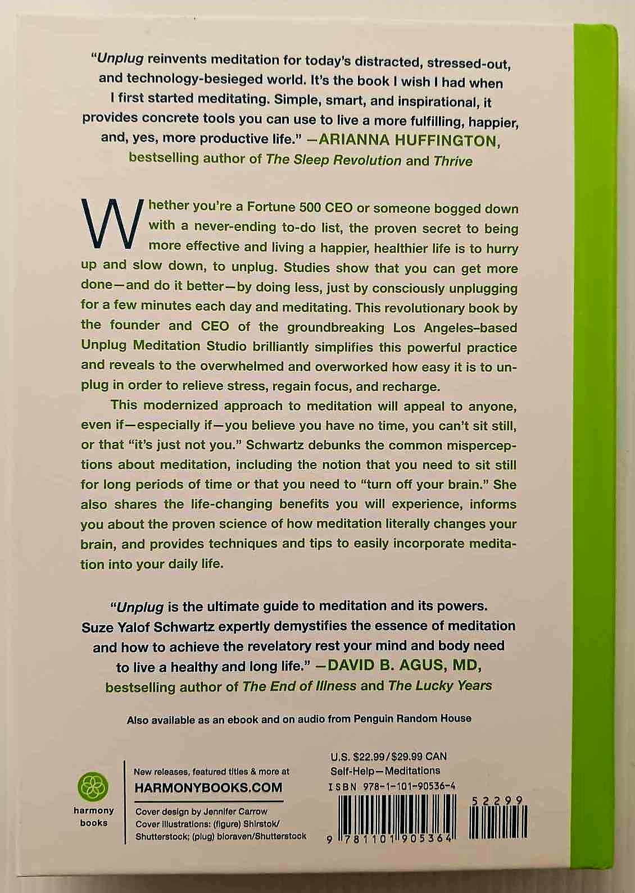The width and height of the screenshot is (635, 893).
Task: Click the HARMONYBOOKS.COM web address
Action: [208, 787]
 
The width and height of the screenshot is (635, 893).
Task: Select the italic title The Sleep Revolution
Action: [334, 160]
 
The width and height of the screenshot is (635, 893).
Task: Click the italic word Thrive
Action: [453, 161]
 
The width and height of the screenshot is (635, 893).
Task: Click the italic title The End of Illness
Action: [300, 686]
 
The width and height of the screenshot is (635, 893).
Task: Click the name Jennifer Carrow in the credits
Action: [236, 812]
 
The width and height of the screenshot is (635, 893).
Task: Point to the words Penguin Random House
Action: [412, 718]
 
